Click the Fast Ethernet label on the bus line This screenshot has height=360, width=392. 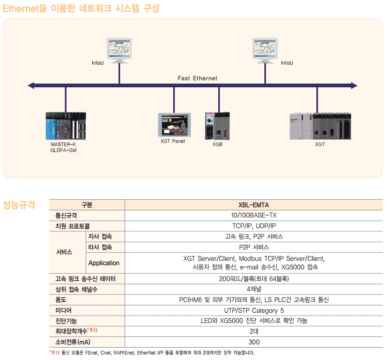click(x=197, y=78)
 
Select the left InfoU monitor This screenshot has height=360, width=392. click(x=119, y=49)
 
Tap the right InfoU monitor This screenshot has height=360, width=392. click(x=265, y=49)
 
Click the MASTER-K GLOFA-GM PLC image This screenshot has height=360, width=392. click(x=65, y=125)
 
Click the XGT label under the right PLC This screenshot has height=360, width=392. click(x=320, y=144)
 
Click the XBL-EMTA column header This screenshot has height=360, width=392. click(x=254, y=205)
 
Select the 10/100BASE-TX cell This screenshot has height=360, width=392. click(x=254, y=215)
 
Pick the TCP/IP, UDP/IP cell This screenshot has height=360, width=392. click(x=254, y=226)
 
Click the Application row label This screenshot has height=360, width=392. click(x=104, y=263)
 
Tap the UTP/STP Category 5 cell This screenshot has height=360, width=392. click(x=254, y=310)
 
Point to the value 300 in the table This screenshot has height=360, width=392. click(x=254, y=342)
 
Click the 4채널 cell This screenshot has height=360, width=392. click(x=254, y=289)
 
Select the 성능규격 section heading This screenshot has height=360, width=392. click(x=19, y=205)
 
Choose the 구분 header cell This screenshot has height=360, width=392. click(x=87, y=205)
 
